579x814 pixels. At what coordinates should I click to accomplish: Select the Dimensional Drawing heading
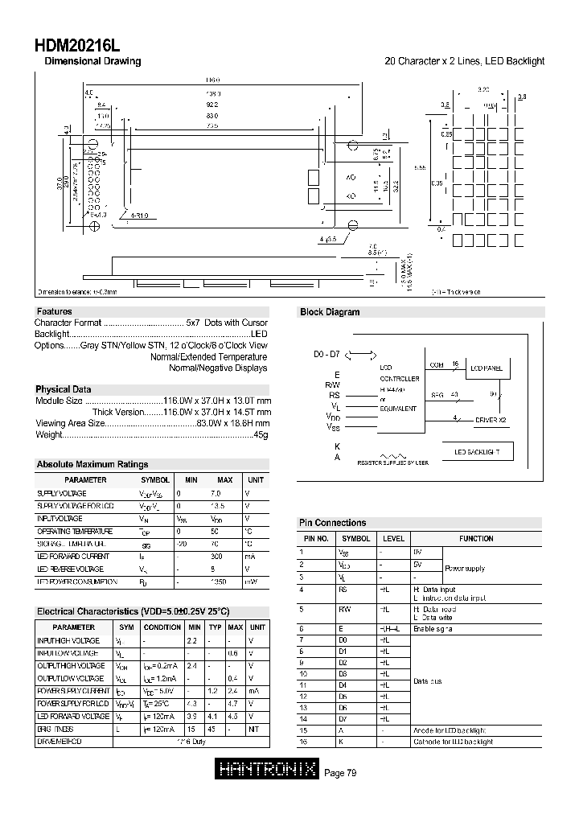(x=92, y=61)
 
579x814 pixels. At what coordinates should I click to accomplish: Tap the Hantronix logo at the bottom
(x=268, y=772)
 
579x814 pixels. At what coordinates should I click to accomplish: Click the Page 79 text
(x=340, y=773)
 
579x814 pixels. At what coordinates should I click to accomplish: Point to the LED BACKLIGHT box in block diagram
(x=477, y=452)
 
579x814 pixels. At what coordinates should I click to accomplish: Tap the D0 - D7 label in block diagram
(x=326, y=354)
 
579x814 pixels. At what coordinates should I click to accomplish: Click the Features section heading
(x=54, y=311)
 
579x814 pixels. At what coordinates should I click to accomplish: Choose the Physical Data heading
(x=64, y=389)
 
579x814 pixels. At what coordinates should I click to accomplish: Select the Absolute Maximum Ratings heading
(x=92, y=464)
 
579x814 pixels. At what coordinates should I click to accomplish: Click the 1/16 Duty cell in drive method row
(x=195, y=741)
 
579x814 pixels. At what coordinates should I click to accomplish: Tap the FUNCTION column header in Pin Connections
(x=476, y=538)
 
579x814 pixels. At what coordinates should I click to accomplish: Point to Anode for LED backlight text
(x=452, y=730)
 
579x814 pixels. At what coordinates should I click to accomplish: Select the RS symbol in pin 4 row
(x=343, y=589)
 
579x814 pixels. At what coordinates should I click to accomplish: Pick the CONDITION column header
(x=162, y=627)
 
